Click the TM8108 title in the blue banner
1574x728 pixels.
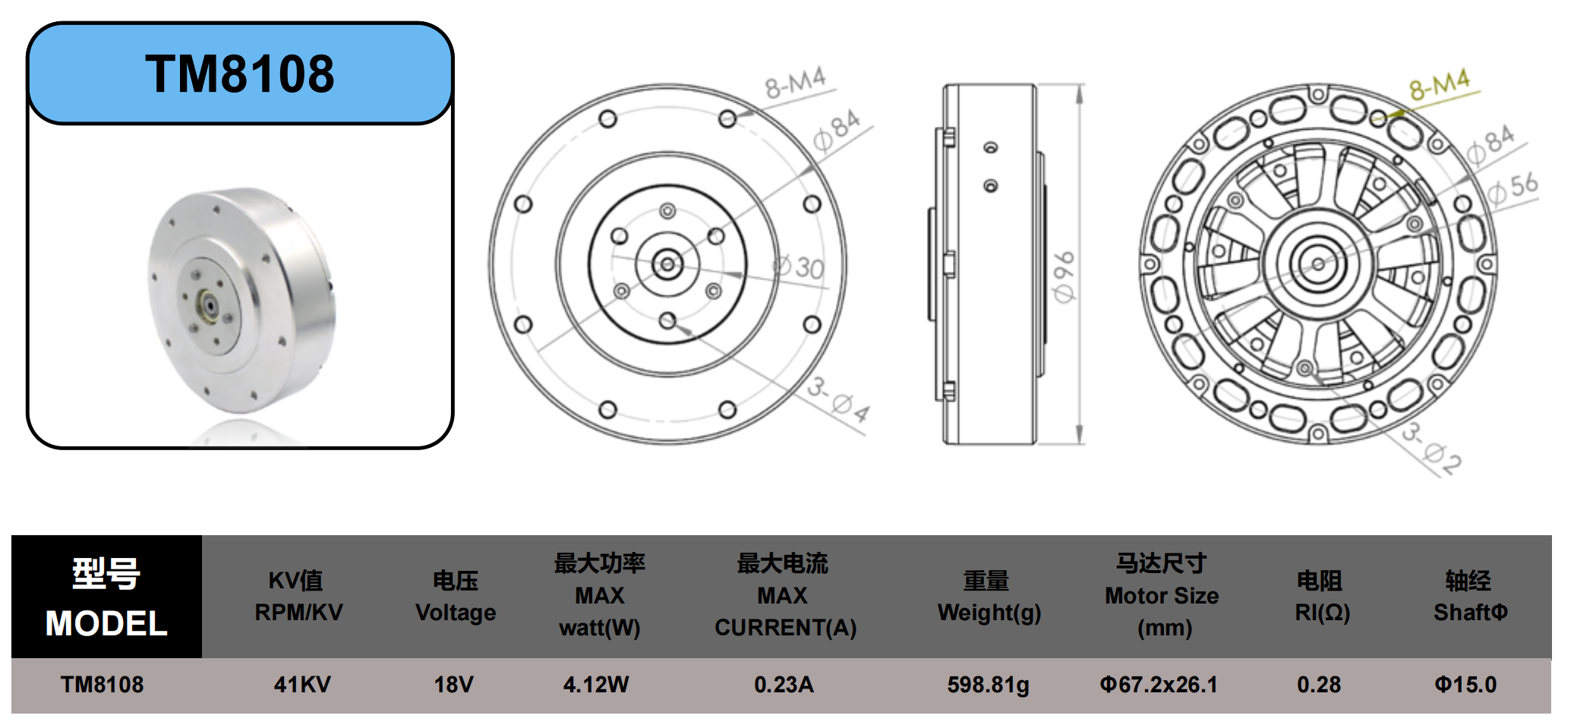pos(240,74)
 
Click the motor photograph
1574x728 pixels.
pos(241,301)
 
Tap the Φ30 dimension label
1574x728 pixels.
pos(799,266)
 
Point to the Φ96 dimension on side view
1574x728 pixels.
pos(1064,276)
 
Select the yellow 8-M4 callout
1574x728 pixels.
pos(1440,84)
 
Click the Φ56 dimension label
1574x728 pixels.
pos(1512,188)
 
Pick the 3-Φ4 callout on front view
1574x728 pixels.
pos(838,399)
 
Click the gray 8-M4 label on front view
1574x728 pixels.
pos(795,83)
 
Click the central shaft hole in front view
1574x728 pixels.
pos(667,264)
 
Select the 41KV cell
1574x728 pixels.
pos(301,685)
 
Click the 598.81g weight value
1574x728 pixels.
pos(988,685)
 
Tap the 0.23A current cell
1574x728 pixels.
pos(784,685)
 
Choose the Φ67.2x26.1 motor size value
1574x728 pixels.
pos(1159,685)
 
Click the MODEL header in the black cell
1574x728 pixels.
pos(106,624)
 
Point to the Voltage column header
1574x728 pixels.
pos(456,613)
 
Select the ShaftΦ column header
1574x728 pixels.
pos(1470,613)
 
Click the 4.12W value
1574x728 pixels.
pos(596,685)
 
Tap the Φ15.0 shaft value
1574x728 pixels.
pos(1465,685)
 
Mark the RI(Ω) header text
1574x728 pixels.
pos(1322,613)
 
